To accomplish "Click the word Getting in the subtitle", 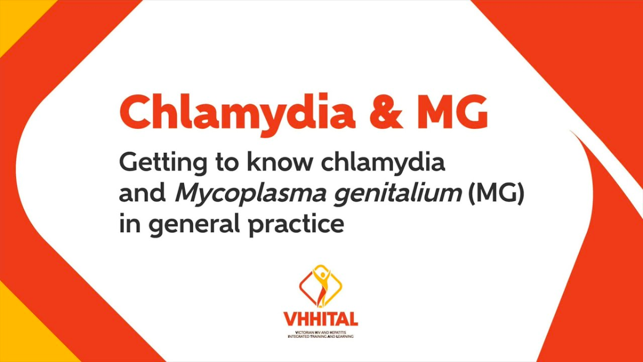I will (159, 162).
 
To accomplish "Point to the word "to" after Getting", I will (221, 162).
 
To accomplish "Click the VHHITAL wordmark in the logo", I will (321, 320).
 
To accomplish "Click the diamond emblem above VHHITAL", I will (320, 286).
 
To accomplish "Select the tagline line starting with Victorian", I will (320, 333).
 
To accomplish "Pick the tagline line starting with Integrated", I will (320, 337).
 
